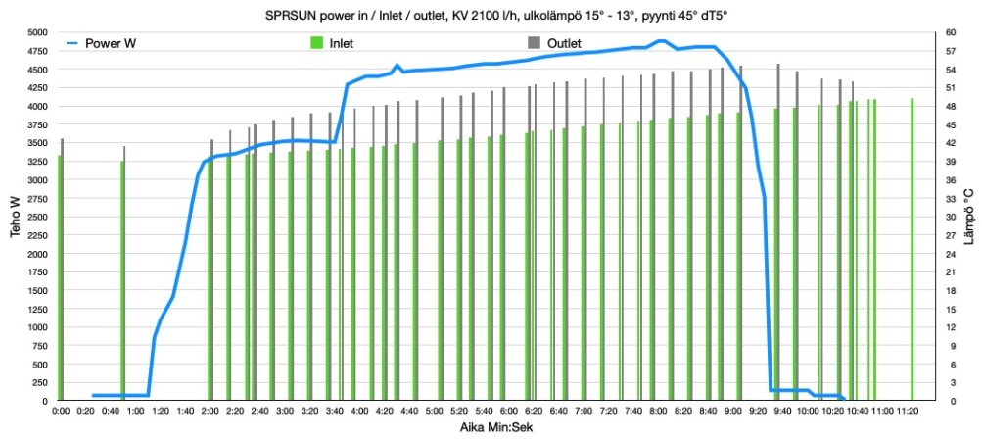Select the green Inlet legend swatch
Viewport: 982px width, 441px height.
pyautogui.click(x=316, y=44)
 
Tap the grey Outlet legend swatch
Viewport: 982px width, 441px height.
pyautogui.click(x=534, y=44)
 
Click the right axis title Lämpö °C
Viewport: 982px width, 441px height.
pyautogui.click(x=967, y=216)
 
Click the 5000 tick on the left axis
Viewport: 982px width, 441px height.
pyautogui.click(x=35, y=32)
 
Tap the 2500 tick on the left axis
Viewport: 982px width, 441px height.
pyautogui.click(x=35, y=217)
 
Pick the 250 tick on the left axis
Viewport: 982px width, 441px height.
pyautogui.click(x=38, y=383)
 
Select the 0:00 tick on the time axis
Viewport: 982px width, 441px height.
pyautogui.click(x=60, y=411)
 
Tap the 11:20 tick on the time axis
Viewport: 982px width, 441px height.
pyautogui.click(x=908, y=411)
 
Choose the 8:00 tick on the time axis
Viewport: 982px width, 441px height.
pyautogui.click(x=658, y=411)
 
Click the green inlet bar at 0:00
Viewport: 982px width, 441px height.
pyautogui.click(x=60, y=279)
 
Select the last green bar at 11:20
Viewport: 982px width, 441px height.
pyautogui.click(x=912, y=250)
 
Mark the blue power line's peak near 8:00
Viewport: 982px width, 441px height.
pyautogui.click(x=662, y=41)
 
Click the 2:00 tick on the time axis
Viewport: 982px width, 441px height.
pyautogui.click(x=210, y=411)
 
